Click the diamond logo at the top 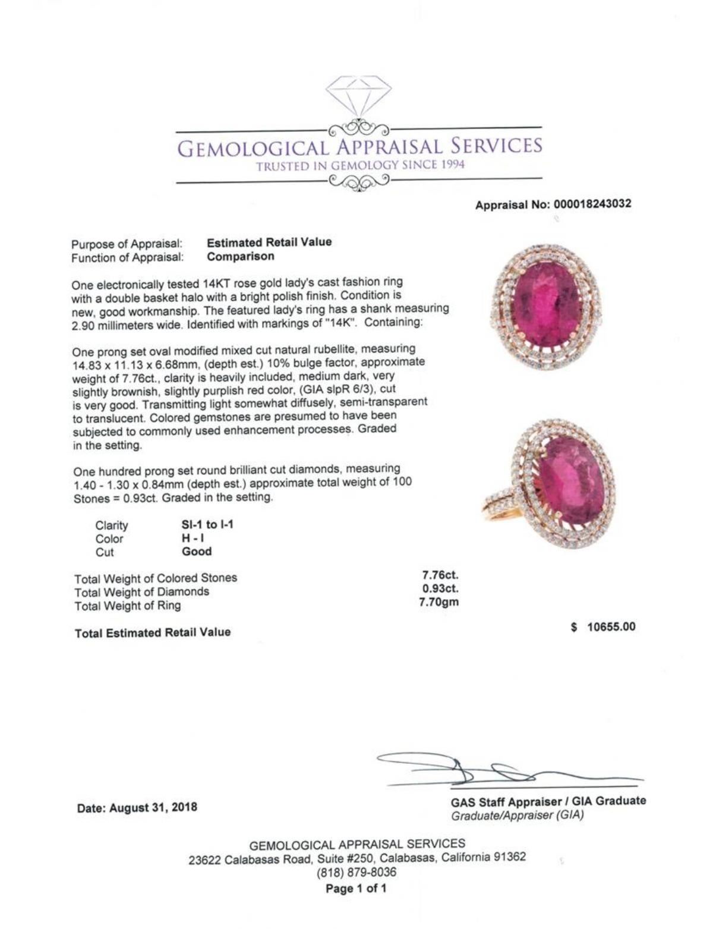358,96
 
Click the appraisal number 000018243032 592,204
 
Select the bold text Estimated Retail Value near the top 269,242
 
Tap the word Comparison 241,257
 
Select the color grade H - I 194,538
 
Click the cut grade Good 197,552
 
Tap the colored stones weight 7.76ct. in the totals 440,575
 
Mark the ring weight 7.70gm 440,602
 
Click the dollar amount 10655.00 611,626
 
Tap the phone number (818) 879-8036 356,873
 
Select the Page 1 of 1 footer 356,889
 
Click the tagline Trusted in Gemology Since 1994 360,166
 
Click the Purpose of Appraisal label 127,244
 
